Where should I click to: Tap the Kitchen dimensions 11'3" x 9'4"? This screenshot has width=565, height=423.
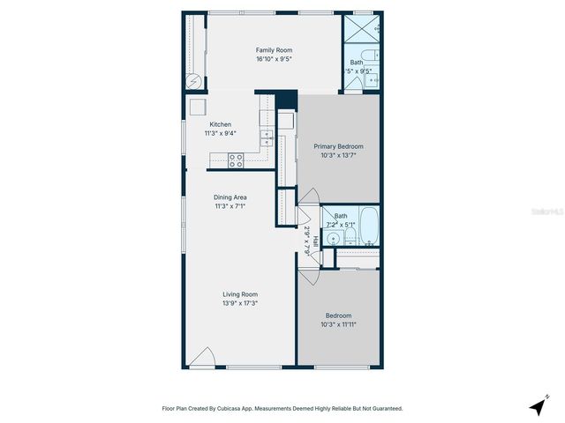220,134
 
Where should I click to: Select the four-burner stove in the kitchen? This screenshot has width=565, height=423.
236,160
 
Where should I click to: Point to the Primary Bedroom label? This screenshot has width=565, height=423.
338,145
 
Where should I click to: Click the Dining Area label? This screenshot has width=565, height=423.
230,197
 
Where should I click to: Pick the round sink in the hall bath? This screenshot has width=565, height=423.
334,239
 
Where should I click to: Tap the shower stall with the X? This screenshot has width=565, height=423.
363,28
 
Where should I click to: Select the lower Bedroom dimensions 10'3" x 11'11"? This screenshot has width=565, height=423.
338,324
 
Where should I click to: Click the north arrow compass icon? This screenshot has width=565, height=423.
537,406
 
